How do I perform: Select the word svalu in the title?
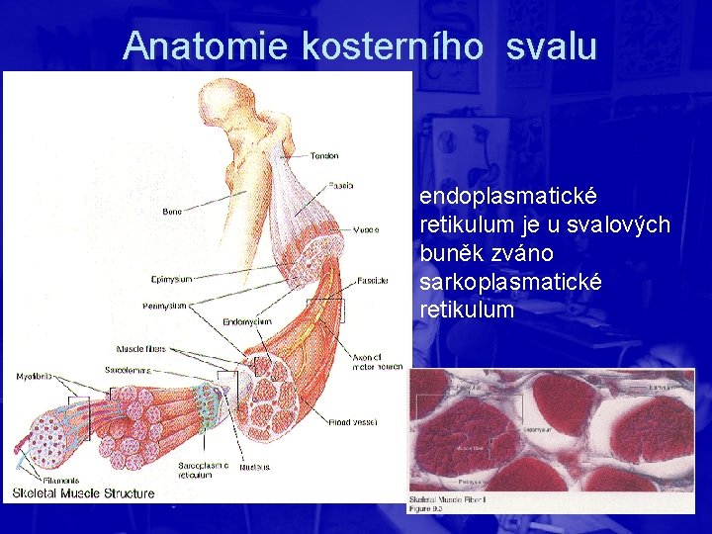[551, 45]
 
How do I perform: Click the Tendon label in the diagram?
[324, 155]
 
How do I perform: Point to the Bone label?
[172, 211]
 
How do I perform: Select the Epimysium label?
[171, 279]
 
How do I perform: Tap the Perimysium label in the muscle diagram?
[163, 306]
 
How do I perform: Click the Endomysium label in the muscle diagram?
[247, 321]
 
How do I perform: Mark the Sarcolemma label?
[128, 369]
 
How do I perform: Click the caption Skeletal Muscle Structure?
[84, 493]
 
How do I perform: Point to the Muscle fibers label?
[141, 349]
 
